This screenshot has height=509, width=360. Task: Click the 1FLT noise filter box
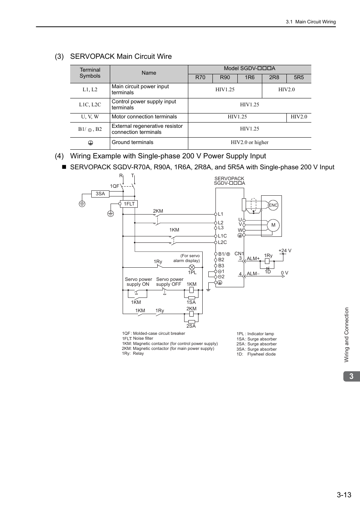click(129, 204)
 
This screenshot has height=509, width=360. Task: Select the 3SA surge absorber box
click(100, 194)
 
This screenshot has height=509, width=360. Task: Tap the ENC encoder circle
click(273, 205)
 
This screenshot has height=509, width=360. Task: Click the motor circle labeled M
click(273, 225)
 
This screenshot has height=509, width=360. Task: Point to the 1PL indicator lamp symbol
click(192, 267)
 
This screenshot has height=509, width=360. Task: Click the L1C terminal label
click(222, 236)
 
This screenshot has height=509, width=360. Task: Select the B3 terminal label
click(221, 266)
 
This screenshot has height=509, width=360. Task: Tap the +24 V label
click(285, 251)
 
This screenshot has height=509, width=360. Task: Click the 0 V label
click(285, 273)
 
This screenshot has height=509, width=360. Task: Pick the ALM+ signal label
click(253, 259)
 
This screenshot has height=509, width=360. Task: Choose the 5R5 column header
click(298, 77)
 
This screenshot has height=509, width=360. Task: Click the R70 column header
click(200, 77)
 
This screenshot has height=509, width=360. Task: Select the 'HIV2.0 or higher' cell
click(249, 143)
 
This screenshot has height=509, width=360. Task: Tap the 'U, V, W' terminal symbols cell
click(90, 117)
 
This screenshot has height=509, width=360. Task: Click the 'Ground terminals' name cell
click(132, 143)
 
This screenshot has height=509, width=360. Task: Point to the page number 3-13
click(344, 495)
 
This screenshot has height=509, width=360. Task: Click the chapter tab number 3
click(351, 376)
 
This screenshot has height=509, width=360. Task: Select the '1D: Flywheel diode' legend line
click(256, 354)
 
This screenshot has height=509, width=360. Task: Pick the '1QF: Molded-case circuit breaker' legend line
click(154, 334)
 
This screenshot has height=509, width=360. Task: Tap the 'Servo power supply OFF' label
click(169, 282)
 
